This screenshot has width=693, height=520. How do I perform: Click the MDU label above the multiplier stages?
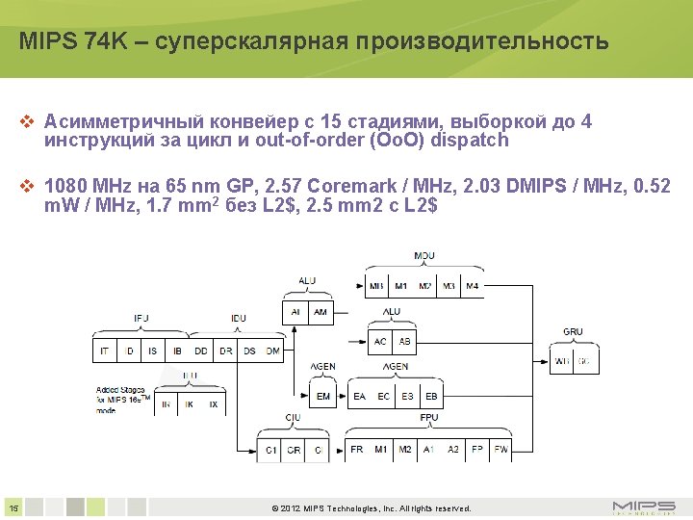click(x=423, y=256)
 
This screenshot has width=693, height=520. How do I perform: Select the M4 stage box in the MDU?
click(x=472, y=286)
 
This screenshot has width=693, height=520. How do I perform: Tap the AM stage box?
click(x=321, y=312)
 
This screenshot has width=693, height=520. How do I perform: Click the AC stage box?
click(x=381, y=342)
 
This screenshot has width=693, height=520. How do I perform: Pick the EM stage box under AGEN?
click(x=322, y=396)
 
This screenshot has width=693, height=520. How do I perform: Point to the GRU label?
click(x=573, y=331)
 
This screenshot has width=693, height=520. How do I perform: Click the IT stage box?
click(x=105, y=351)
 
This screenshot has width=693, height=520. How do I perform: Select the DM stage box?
click(x=273, y=351)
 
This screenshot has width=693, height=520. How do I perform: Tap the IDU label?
click(x=238, y=319)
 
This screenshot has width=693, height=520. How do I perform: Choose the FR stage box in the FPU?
click(x=357, y=450)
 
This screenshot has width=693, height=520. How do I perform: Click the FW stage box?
click(x=500, y=450)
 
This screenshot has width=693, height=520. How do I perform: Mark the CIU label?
click(x=293, y=418)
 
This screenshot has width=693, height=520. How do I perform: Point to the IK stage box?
click(x=190, y=405)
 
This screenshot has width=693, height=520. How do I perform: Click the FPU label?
click(x=429, y=418)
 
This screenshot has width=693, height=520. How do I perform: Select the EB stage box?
click(x=431, y=396)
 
